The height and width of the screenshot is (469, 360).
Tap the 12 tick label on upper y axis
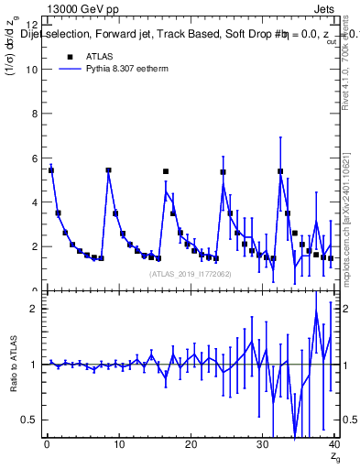(x=31, y=26)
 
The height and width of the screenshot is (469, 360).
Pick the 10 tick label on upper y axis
(x=31, y=70)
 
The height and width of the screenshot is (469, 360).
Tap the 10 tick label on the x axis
(x=118, y=444)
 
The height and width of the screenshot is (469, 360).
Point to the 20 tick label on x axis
(x=190, y=444)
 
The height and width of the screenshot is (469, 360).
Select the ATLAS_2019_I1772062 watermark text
(x=190, y=274)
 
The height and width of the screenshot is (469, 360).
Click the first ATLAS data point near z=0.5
(x=51, y=170)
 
